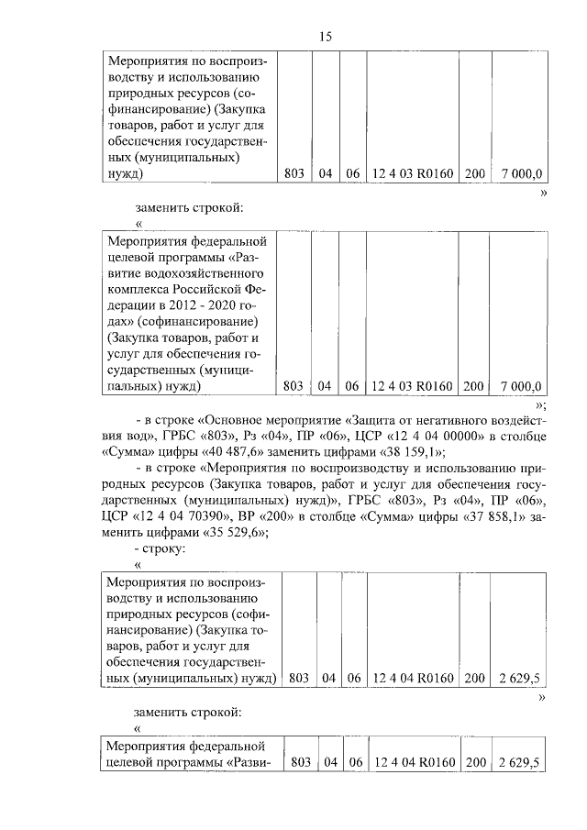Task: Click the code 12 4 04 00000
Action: [x=430, y=436]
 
